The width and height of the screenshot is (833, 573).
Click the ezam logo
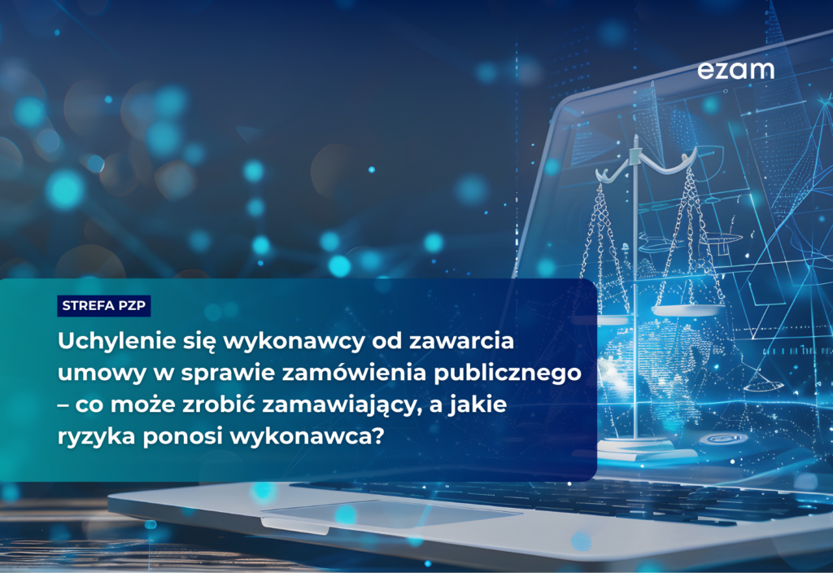point(735,71)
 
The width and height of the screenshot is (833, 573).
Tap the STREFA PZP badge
point(104,306)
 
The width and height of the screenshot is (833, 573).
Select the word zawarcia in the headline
point(475,341)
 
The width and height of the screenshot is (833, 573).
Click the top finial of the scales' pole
point(635,142)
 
